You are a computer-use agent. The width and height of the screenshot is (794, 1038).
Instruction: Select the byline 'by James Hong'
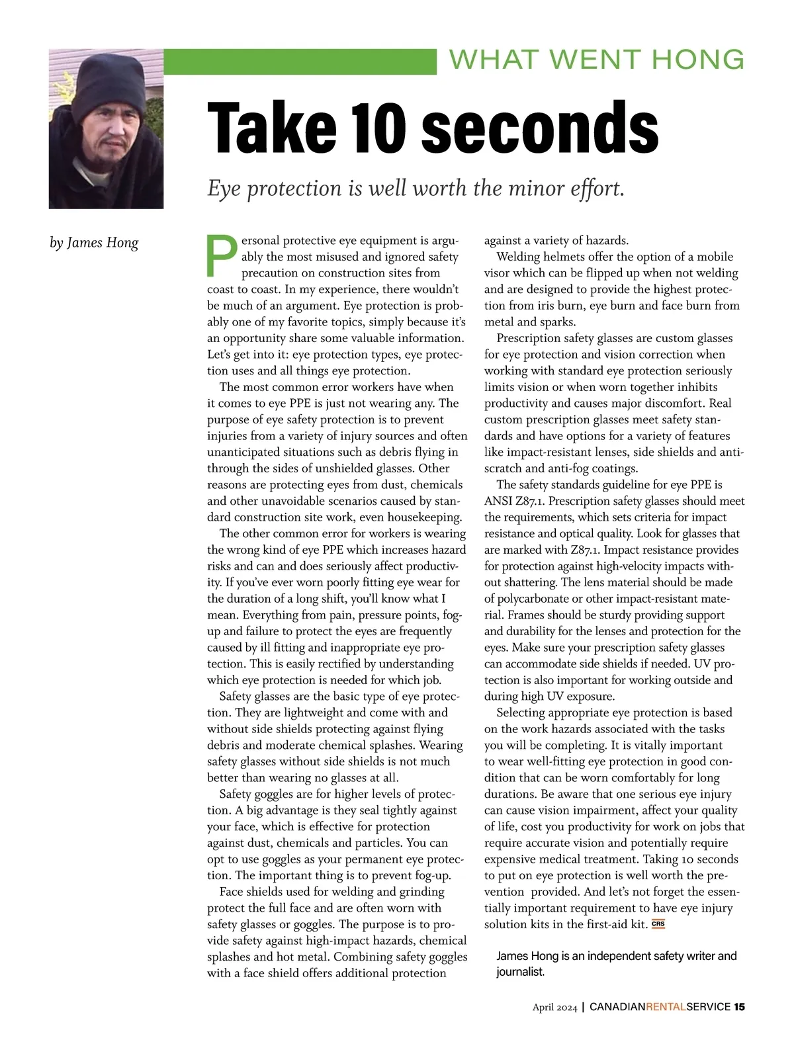click(x=94, y=243)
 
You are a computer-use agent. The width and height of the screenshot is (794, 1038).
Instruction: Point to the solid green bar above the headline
click(x=300, y=62)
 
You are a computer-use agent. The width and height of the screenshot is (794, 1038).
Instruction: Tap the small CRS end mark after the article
click(x=658, y=924)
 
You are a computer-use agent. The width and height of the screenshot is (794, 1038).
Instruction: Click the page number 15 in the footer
click(x=739, y=1007)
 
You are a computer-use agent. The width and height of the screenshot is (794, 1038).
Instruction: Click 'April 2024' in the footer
click(x=555, y=1008)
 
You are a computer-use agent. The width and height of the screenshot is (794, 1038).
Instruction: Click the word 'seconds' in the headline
click(x=539, y=127)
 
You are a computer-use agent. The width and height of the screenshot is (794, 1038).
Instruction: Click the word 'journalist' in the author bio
click(x=520, y=972)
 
